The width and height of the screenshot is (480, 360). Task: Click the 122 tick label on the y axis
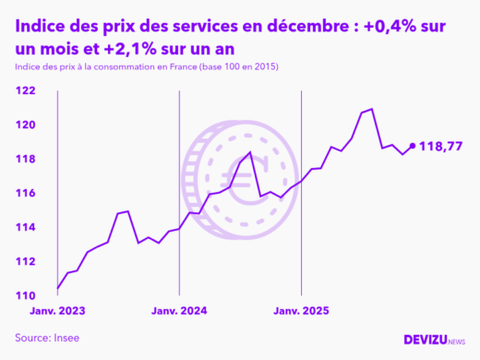25,90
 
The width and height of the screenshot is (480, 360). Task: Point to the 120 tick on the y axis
25,125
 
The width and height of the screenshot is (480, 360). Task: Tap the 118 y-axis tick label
25,159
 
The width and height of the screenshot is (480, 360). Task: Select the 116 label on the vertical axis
25,193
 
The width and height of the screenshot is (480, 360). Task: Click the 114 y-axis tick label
25,227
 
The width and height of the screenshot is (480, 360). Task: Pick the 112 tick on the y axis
25,261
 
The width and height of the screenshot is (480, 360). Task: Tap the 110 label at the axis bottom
25,295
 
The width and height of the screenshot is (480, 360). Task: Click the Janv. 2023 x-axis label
58,311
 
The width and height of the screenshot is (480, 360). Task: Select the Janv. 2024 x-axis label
179,311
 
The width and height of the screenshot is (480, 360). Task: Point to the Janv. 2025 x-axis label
301,311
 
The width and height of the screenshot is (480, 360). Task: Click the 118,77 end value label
440,146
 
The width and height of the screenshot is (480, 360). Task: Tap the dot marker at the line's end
412,146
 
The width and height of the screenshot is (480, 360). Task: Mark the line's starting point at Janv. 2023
58,288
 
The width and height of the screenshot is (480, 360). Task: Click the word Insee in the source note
65,338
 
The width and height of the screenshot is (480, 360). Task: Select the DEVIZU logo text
425,339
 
